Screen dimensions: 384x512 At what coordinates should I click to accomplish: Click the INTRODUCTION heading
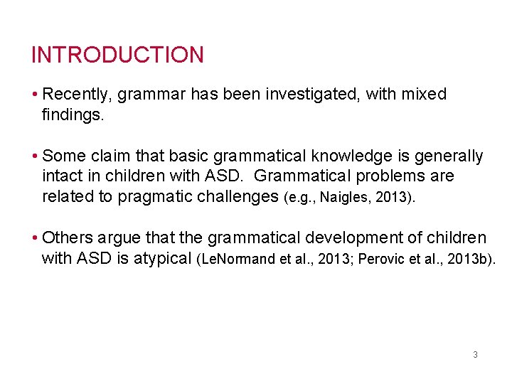tap(117, 55)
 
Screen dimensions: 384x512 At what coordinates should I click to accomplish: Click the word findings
tap(73, 114)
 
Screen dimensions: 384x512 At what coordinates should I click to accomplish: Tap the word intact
tap(62, 176)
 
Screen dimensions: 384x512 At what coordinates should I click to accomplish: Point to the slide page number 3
tap(475, 354)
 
